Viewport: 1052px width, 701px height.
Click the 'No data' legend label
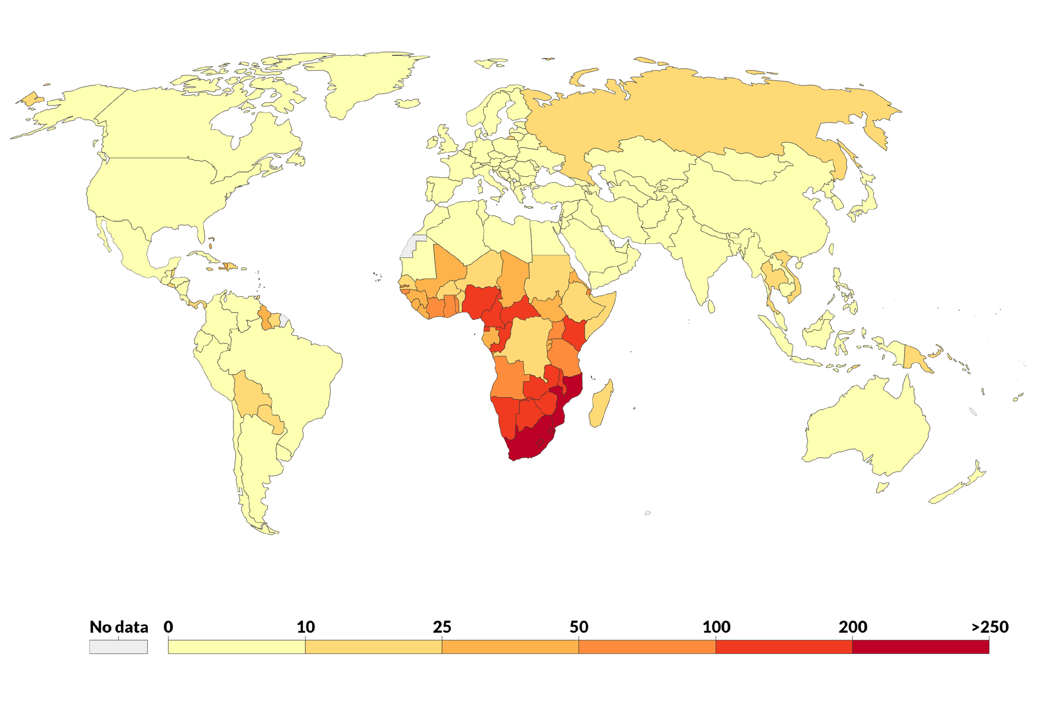[x=119, y=627]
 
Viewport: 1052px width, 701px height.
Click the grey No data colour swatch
[x=118, y=647]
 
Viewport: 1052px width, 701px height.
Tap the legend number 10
[x=306, y=627]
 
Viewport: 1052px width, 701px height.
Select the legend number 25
[x=442, y=627]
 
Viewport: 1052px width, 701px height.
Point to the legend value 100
[x=716, y=627]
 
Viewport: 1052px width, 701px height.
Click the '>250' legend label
[x=990, y=627]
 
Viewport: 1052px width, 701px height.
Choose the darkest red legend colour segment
[x=921, y=647]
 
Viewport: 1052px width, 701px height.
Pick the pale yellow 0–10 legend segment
[x=237, y=647]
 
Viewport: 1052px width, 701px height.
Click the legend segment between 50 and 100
[x=647, y=647]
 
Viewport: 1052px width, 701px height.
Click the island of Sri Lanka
[x=711, y=306]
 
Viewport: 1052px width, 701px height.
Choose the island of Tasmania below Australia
[x=882, y=487]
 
